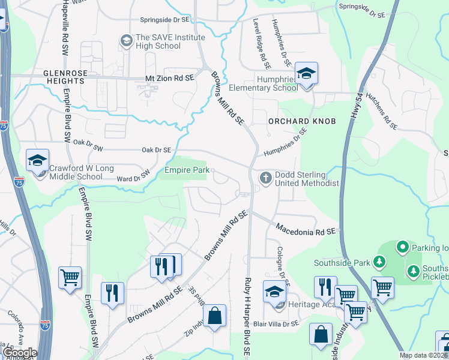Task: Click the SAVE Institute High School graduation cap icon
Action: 127,41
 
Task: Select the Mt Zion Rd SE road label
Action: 170,78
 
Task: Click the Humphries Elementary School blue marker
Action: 306,74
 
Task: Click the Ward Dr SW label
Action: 133,177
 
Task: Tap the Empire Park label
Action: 187,170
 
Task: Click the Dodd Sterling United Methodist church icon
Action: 265,178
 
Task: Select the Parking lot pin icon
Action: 402,247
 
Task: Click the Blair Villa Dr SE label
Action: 276,324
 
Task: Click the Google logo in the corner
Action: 19,352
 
